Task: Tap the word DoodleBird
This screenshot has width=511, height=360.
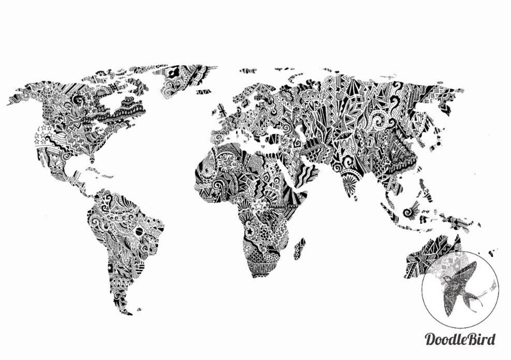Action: [460, 339]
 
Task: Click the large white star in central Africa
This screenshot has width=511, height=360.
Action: [258, 206]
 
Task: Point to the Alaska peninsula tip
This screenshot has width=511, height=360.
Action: [10, 104]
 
